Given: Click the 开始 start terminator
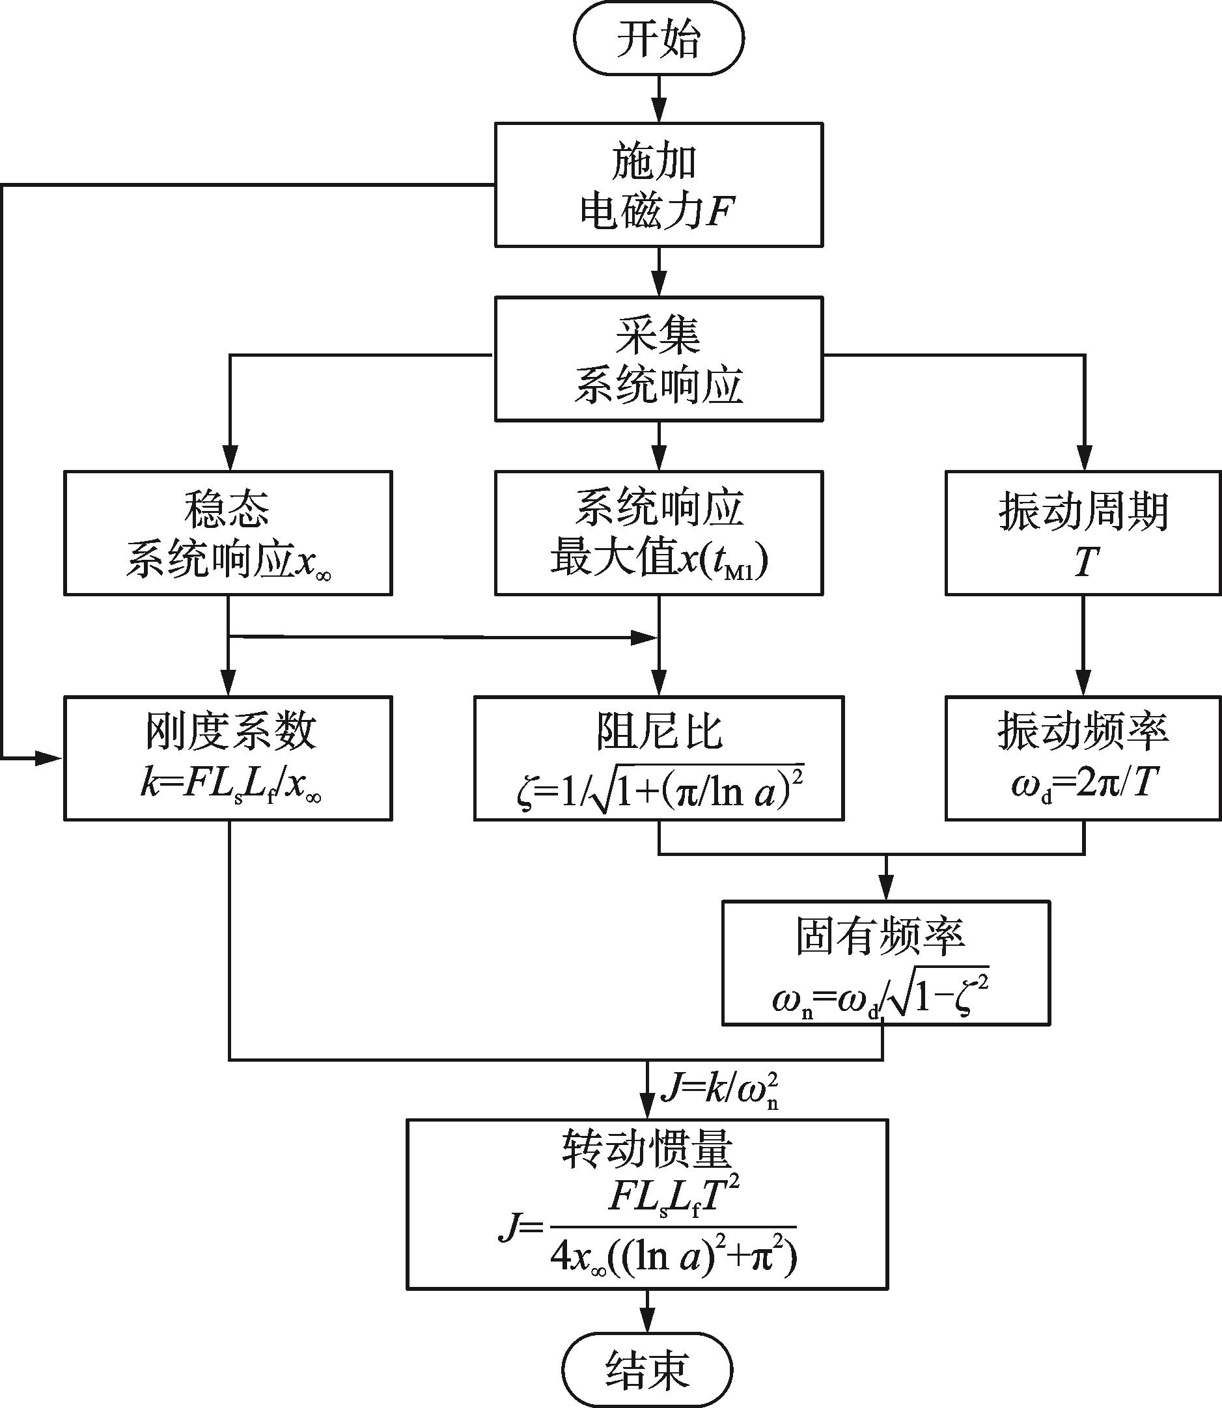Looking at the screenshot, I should pos(658,39).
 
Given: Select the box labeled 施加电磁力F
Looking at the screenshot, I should pos(658,184).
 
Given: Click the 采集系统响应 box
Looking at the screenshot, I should pos(658,359).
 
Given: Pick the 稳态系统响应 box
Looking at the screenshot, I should pos(228,532).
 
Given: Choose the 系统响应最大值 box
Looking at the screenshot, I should pos(658,532).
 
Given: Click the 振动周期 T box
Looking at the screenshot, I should pos(1083,532).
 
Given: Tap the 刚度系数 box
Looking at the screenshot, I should pos(228,758).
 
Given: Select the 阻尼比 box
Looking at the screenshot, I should pos(658,758).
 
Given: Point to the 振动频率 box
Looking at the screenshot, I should pos(1083,758).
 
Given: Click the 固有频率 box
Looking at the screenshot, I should pos(885,962).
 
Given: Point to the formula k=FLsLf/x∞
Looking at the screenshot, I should pos(230,786).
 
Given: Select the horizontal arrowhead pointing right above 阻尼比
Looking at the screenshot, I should pos(643,638).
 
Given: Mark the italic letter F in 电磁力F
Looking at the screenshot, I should pos(719,212).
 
